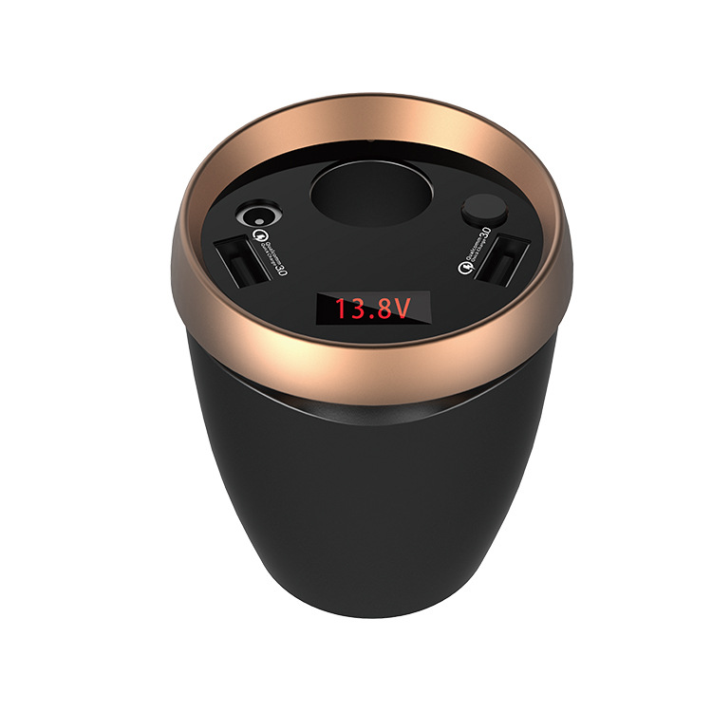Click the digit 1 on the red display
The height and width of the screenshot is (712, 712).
click(339, 308)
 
